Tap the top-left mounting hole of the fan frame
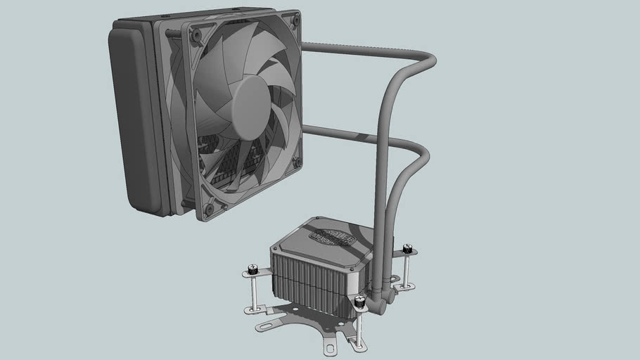[196, 34]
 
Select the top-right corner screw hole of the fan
[295, 21]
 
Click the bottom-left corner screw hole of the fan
[208, 209]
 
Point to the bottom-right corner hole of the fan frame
[297, 162]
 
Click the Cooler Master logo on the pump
[333, 239]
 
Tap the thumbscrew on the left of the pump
[253, 269]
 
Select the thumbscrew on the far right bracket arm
[407, 249]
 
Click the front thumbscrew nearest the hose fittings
[360, 302]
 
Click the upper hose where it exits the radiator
[309, 47]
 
